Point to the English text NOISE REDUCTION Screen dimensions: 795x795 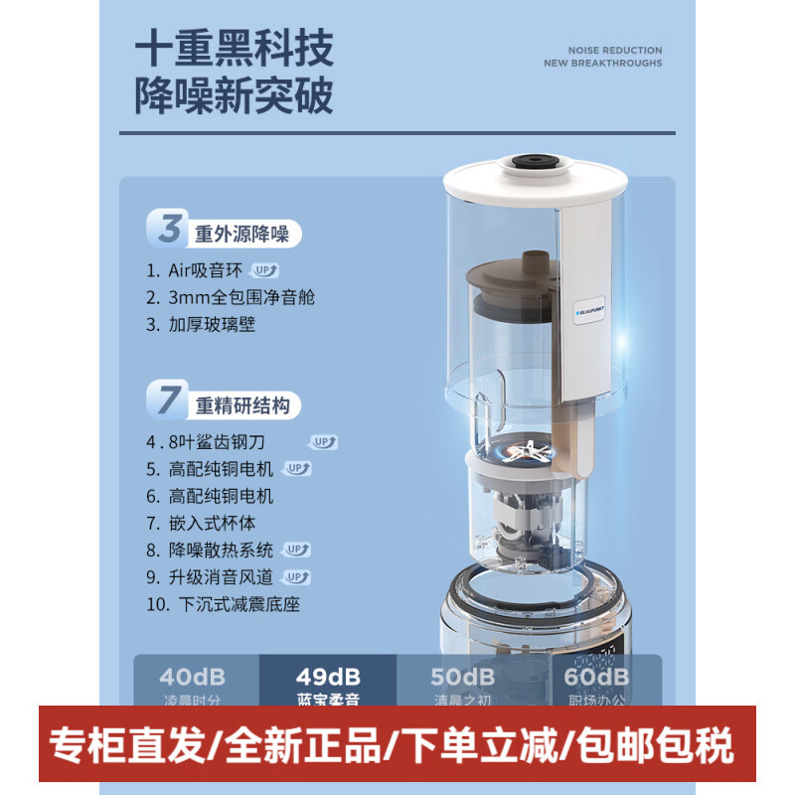pyautogui.click(x=615, y=50)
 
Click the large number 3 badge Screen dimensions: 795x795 pyautogui.click(x=170, y=230)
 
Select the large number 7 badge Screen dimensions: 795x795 pyautogui.click(x=170, y=400)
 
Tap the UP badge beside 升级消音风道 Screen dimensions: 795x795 pyautogui.click(x=296, y=576)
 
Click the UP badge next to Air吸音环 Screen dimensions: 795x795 pyautogui.click(x=265, y=270)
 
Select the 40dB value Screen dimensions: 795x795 pyautogui.click(x=193, y=678)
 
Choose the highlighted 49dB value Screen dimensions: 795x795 pyautogui.click(x=327, y=678)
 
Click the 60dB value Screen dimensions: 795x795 pyautogui.click(x=596, y=678)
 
